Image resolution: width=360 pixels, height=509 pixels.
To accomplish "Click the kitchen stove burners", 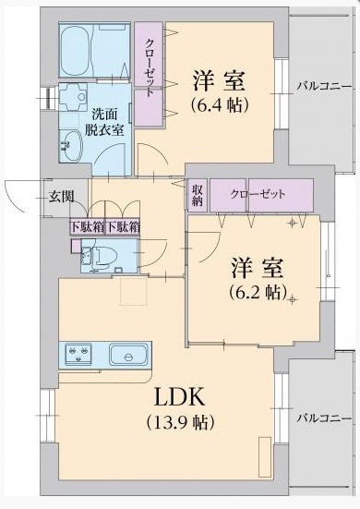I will coord(78,354).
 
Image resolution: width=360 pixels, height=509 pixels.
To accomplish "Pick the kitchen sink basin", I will coord(128,355).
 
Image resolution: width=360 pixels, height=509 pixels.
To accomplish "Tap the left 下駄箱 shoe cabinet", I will coord(86,225).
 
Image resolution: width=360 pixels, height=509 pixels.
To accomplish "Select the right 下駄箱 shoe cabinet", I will coord(122,225).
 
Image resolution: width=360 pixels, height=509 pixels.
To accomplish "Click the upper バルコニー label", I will coord(324,87).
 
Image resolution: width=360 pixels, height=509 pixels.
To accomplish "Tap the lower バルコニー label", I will coord(324,418).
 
